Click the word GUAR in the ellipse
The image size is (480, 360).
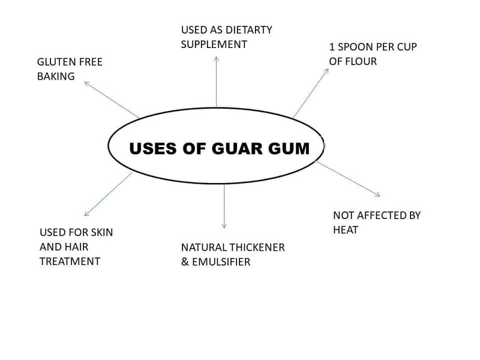coord(235,148)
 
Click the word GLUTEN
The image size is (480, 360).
coord(56,62)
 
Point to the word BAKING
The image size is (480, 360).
coord(56,76)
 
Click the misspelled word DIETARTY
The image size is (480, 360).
coord(249,29)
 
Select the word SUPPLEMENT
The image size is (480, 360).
coord(214,44)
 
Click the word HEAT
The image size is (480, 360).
coord(346,230)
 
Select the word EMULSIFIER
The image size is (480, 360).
coord(221,262)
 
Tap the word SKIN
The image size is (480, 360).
coord(100,232)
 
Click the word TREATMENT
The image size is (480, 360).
coord(70,261)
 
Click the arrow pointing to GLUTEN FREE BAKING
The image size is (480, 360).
coord(112,100)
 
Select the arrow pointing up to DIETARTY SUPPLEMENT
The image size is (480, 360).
coord(216,81)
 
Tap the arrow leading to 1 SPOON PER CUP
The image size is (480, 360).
coord(311,92)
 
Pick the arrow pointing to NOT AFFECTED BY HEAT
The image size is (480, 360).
coord(348,178)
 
